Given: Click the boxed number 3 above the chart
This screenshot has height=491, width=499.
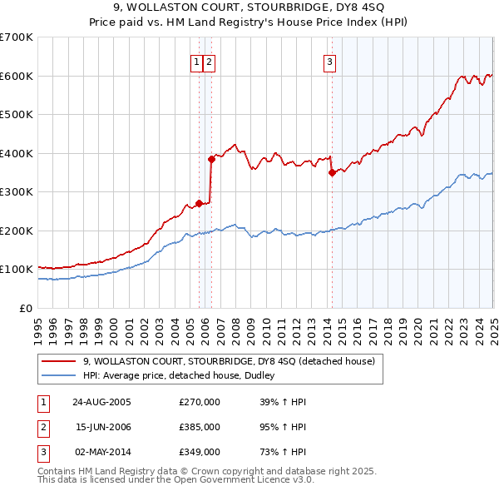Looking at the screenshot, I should (x=329, y=60).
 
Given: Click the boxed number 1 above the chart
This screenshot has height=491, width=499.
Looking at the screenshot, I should (x=197, y=60).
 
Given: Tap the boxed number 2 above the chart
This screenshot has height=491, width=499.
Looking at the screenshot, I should (x=209, y=60).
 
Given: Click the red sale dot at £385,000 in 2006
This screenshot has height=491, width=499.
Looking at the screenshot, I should (x=211, y=159).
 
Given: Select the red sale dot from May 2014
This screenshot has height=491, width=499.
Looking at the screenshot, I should (x=332, y=173).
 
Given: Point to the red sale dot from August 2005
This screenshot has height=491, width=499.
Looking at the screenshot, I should (x=199, y=203).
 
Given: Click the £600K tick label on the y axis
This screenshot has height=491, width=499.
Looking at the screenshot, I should (x=17, y=76).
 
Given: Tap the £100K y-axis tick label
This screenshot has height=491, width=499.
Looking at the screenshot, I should (x=17, y=270).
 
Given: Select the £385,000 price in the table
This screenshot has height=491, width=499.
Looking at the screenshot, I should (x=200, y=427).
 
